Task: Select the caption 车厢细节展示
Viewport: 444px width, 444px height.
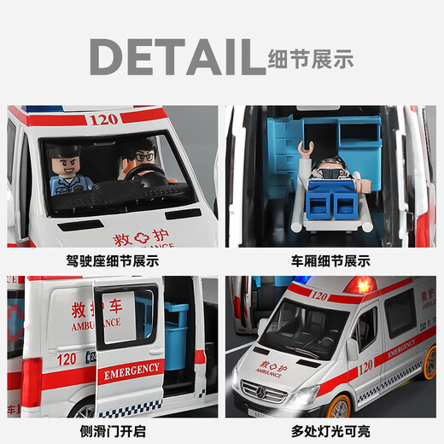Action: click(x=329, y=260)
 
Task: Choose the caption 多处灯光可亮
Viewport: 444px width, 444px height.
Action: click(x=329, y=429)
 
